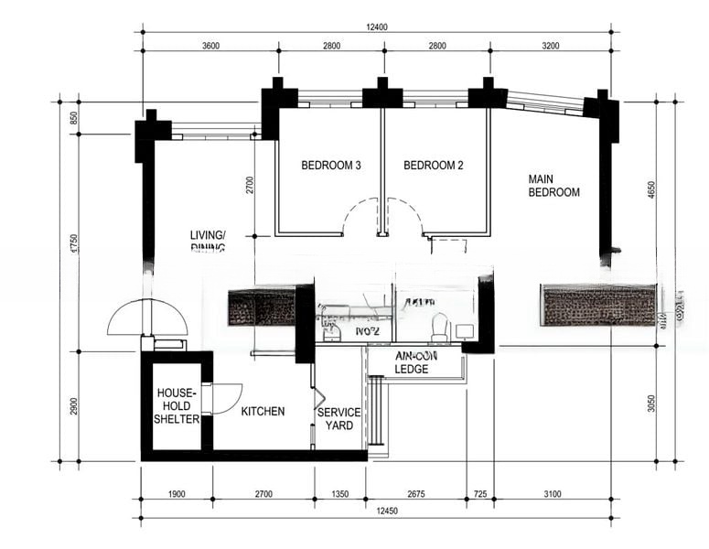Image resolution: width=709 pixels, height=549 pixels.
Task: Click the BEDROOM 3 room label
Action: (331, 166)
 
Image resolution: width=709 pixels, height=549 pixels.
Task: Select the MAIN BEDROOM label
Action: (554, 185)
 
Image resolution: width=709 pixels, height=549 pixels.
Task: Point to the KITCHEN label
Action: (263, 412)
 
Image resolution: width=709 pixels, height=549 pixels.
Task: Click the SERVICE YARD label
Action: (338, 419)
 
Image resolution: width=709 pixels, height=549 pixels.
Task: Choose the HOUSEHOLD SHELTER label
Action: (177, 405)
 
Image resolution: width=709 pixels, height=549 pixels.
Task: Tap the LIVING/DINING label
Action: (208, 240)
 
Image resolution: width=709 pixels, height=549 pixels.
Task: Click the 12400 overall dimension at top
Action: (376, 27)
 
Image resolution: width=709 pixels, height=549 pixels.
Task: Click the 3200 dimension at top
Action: (551, 46)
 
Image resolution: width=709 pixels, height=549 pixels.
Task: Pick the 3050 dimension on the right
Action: (651, 404)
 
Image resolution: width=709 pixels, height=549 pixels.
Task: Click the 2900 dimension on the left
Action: (74, 405)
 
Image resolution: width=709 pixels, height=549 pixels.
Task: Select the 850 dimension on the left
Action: (74, 118)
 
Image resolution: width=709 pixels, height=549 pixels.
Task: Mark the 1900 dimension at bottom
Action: (177, 494)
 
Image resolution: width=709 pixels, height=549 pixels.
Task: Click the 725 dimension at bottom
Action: (479, 494)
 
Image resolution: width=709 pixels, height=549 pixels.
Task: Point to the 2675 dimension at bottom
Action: (416, 494)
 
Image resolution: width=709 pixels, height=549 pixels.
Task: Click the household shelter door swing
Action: (227, 398)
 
